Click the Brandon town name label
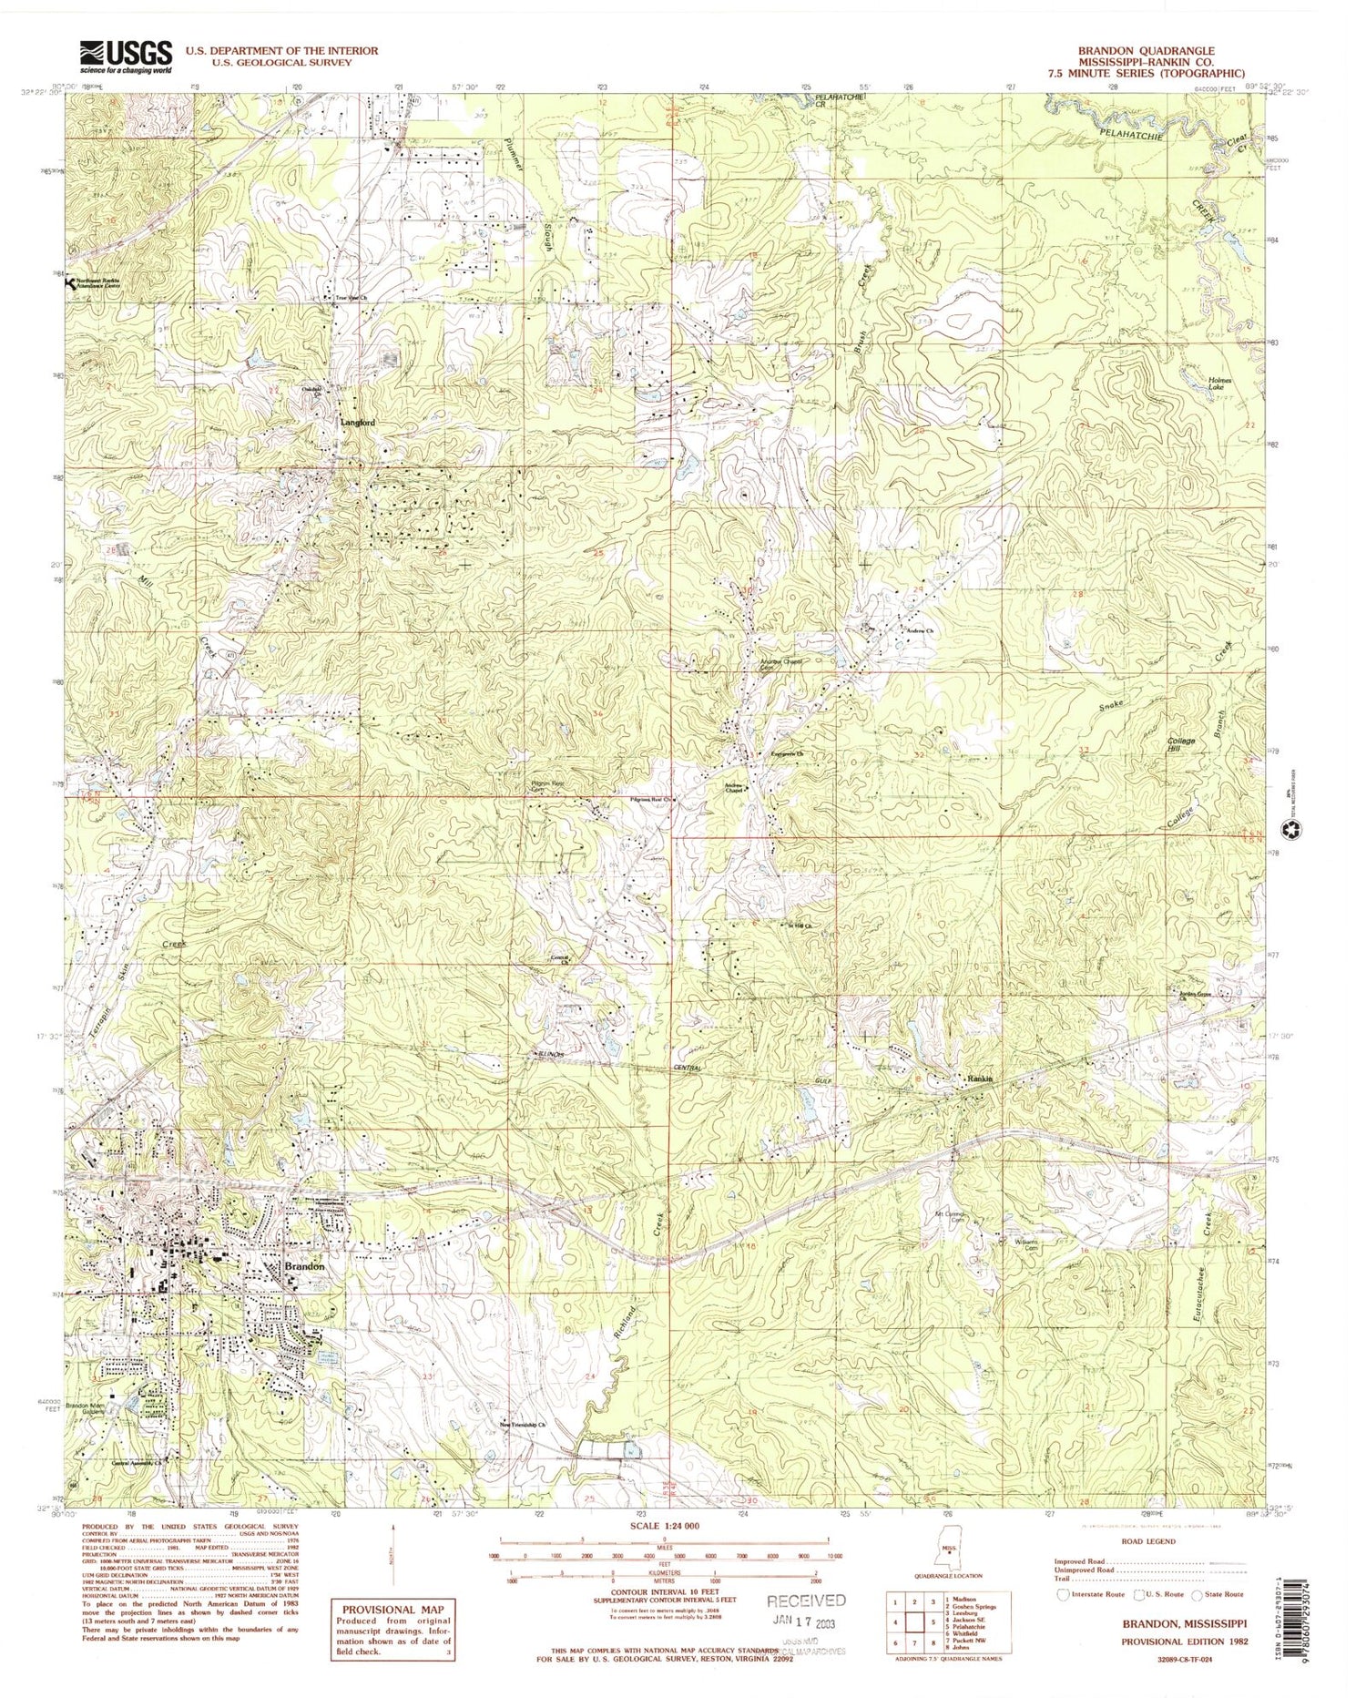click(291, 1267)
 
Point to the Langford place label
click(357, 423)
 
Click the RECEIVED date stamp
click(805, 1600)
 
